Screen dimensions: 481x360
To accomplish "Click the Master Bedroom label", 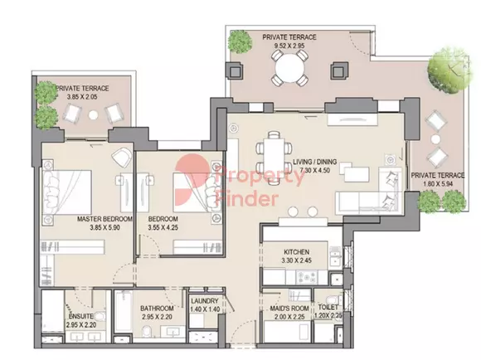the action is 104,219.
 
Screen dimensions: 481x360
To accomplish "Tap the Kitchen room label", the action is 296,252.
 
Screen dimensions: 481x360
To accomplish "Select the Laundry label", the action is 205,301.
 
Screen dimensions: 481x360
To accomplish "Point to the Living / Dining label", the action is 315,162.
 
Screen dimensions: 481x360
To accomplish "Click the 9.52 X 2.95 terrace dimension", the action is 289,46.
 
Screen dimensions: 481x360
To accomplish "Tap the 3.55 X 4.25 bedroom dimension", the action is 163,228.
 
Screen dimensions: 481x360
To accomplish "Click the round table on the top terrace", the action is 289,67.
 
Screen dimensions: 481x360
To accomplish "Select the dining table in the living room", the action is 274,158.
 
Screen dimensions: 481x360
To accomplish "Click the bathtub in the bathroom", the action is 124,311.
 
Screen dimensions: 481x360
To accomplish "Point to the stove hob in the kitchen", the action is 305,277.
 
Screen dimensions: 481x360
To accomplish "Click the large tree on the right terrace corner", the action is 449,70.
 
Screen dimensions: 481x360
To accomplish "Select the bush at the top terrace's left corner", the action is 240,40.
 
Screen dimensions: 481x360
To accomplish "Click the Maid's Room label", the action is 287,308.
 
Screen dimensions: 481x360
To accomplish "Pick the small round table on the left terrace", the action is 93,114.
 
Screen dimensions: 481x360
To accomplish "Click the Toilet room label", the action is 328,307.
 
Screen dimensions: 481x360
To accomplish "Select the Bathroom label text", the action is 157,308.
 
